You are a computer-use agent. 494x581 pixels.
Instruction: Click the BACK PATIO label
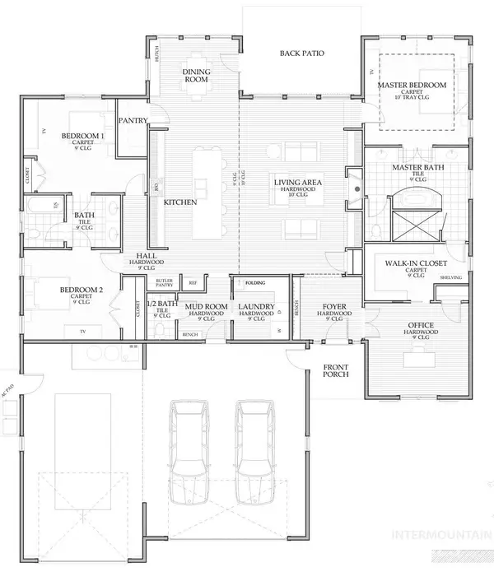[x=301, y=53]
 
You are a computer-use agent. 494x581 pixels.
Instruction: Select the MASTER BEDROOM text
[x=412, y=86]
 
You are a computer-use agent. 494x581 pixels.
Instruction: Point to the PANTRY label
[x=133, y=120]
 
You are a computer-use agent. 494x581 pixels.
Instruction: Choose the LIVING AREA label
[x=298, y=182]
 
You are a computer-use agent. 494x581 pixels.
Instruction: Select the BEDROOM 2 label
[x=82, y=290]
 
